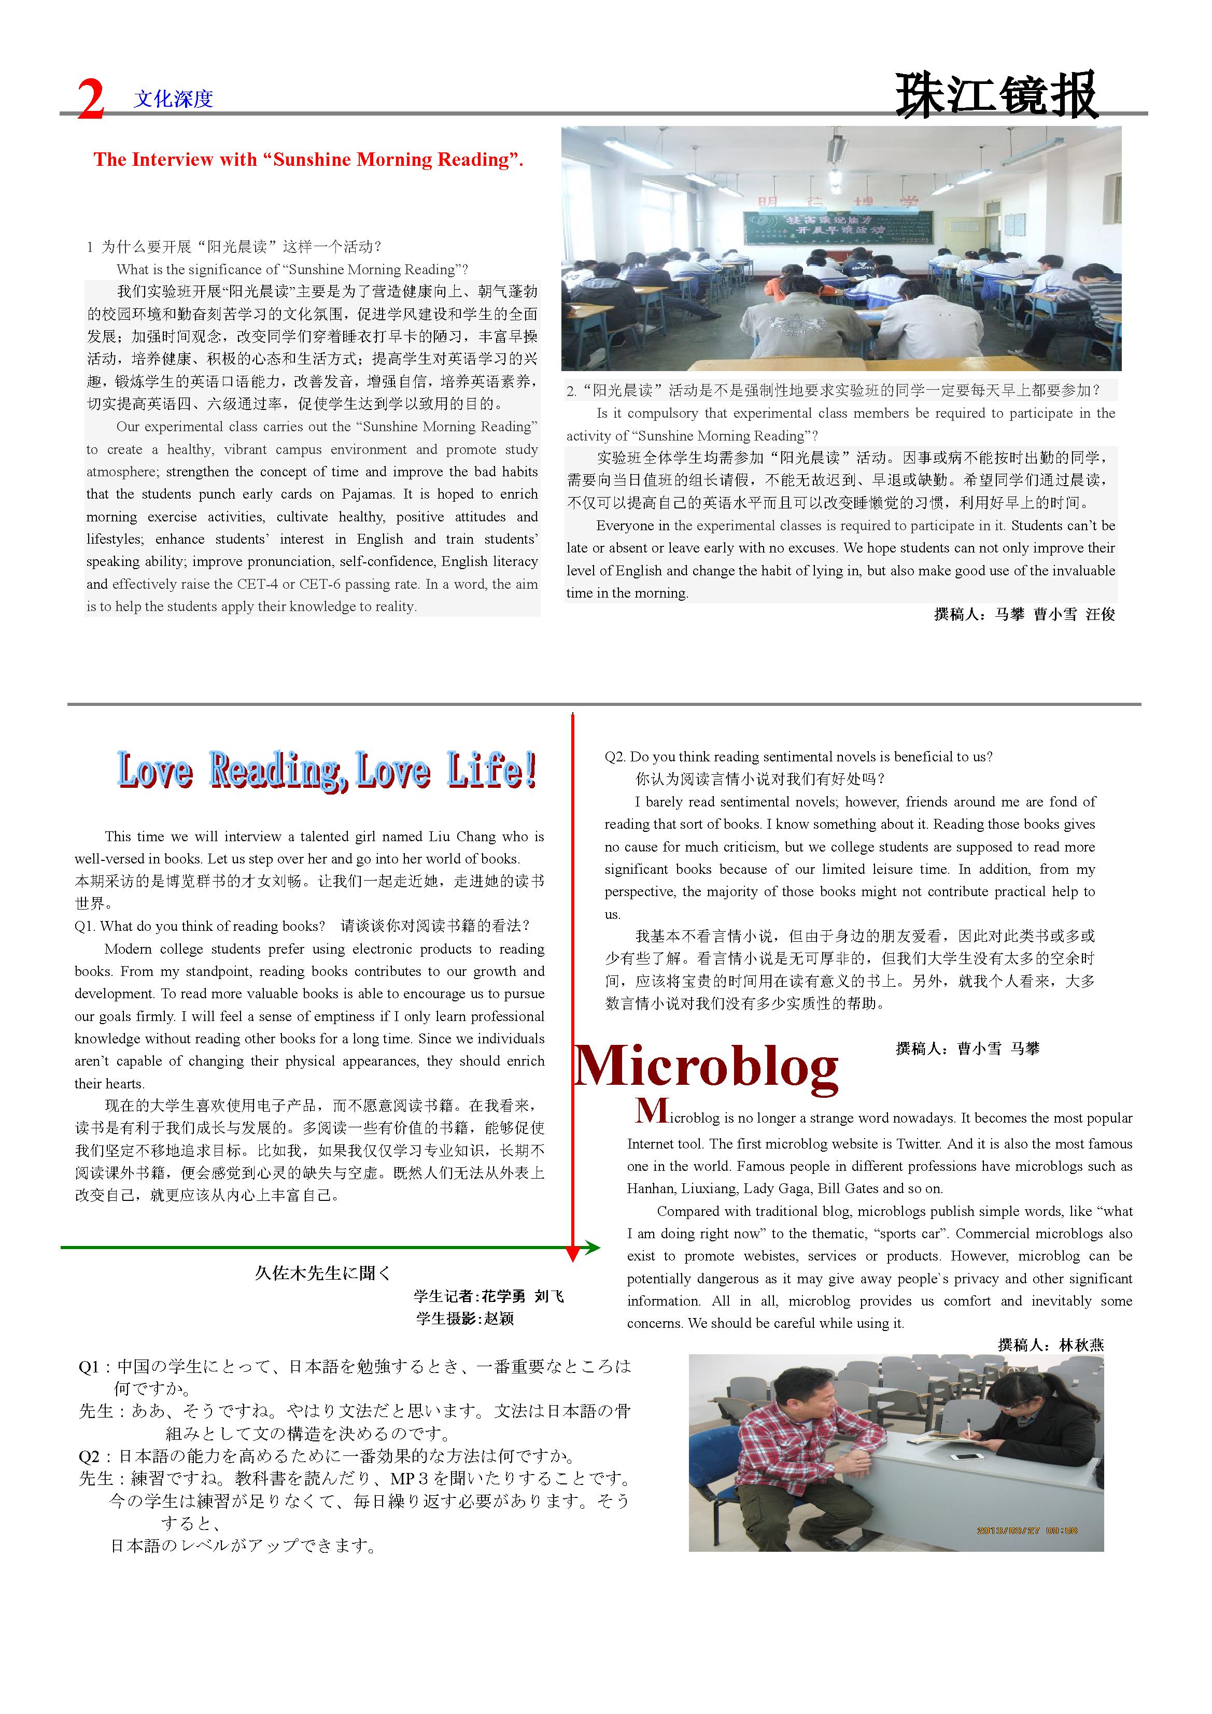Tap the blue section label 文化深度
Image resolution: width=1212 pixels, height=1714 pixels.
coord(173,98)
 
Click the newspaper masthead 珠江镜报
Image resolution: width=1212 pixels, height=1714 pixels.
coord(996,95)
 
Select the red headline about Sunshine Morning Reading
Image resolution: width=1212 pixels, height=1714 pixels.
coord(308,159)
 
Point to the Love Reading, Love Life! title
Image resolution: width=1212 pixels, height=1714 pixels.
coord(327,770)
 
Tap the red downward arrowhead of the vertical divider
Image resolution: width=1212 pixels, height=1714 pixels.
coord(573,1254)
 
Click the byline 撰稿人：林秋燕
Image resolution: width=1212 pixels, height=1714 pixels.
coord(1050,1345)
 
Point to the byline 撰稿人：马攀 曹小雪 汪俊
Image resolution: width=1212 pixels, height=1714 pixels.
coord(1024,614)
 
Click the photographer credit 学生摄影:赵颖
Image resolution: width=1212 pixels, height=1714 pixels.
coord(464,1319)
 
